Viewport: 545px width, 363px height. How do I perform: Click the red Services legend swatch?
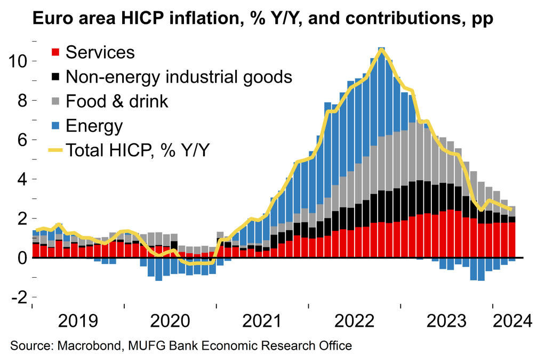click(54, 53)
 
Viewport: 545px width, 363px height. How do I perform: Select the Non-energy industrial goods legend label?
click(179, 77)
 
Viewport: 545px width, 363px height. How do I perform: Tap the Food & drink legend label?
click(117, 101)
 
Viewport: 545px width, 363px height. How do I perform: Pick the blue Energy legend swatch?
click(54, 126)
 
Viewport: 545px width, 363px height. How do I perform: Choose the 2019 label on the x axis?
click(78, 321)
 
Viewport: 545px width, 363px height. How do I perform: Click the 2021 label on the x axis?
click(263, 321)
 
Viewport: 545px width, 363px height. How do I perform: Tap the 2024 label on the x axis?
click(512, 321)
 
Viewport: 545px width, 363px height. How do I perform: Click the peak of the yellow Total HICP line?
click(381, 49)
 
